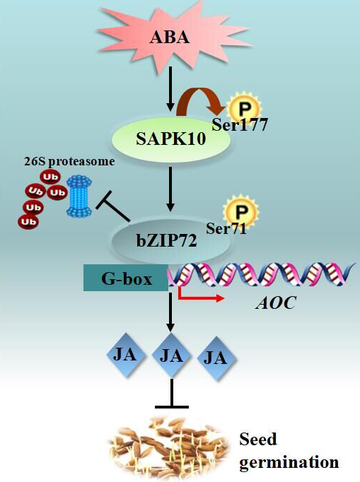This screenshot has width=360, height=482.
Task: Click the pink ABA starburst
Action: point(169,37)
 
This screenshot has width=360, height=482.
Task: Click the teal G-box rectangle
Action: point(126,278)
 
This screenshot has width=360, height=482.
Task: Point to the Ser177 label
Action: point(240,124)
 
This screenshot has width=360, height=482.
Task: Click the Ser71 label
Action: point(226,228)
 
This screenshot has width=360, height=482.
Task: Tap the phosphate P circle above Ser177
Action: point(245,108)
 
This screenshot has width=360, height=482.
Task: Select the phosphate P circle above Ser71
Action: point(241,211)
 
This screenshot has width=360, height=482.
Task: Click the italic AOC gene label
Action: point(276,302)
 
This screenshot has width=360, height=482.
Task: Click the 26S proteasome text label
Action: point(69,161)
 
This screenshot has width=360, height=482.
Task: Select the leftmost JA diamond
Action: point(125,354)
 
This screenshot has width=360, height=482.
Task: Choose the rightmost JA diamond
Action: point(216,358)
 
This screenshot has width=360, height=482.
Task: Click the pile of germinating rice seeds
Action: point(168,447)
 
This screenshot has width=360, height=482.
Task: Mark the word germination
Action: point(289,462)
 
